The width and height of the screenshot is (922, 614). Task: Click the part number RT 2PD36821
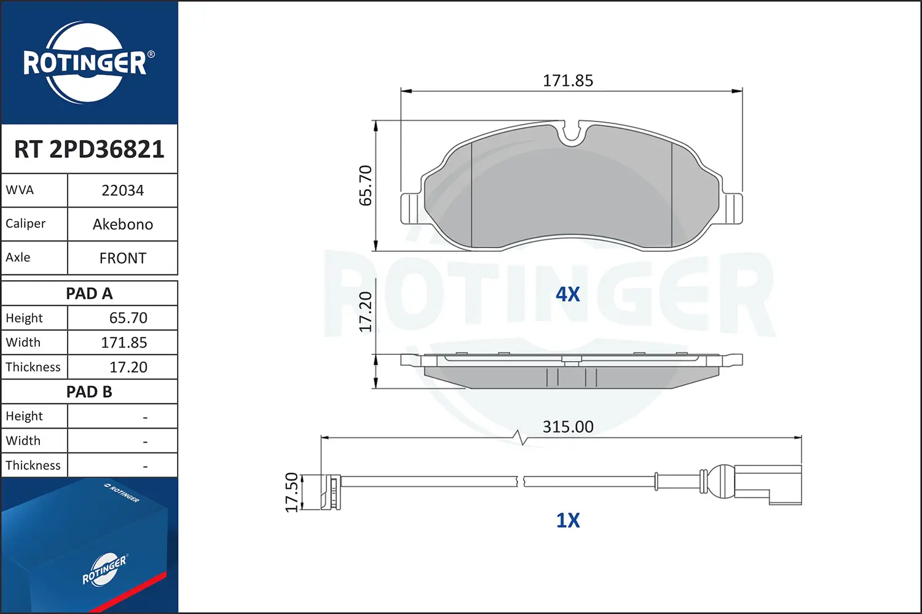(89, 149)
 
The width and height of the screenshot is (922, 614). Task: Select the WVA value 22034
(123, 190)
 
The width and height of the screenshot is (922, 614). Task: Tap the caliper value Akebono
(123, 224)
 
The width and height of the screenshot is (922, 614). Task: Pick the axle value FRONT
(123, 258)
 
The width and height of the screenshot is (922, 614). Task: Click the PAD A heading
(89, 293)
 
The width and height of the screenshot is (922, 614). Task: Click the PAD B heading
(89, 392)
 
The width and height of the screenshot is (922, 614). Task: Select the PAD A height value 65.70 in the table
(128, 318)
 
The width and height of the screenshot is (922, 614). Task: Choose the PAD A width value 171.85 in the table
(124, 343)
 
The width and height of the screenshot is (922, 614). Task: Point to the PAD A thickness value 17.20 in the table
(128, 367)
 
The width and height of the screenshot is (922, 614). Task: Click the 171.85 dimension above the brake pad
(568, 80)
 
